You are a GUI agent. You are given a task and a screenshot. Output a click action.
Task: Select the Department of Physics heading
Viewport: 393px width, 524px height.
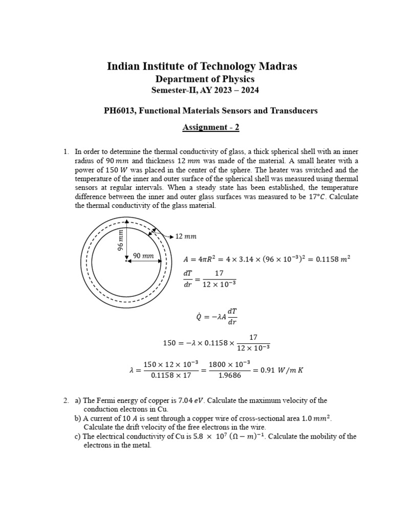point(205,79)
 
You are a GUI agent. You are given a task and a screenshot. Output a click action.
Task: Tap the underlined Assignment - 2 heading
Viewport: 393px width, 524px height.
point(211,127)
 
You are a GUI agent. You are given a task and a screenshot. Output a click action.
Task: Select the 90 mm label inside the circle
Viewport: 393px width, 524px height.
point(143,255)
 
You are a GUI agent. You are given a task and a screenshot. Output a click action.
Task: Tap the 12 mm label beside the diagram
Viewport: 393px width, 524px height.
point(186,236)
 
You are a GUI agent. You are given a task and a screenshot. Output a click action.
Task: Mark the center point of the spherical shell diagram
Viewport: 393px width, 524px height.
point(126,261)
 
